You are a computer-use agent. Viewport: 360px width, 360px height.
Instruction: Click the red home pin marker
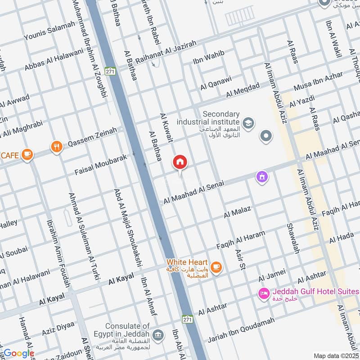pyautogui.click(x=180, y=163)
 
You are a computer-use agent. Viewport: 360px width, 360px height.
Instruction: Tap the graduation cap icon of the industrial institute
pyautogui.click(x=248, y=122)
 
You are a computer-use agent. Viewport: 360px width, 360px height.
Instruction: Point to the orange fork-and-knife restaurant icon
pyautogui.click(x=56, y=147)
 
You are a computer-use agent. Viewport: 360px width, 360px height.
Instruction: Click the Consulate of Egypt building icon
pyautogui.click(x=158, y=335)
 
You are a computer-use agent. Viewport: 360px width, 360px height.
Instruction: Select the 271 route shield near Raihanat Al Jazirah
pyautogui.click(x=110, y=72)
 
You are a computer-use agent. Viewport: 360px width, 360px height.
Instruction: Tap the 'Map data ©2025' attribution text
pyautogui.click(x=336, y=355)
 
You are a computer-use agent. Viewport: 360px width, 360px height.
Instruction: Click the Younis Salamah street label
pyautogui.click(x=49, y=31)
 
